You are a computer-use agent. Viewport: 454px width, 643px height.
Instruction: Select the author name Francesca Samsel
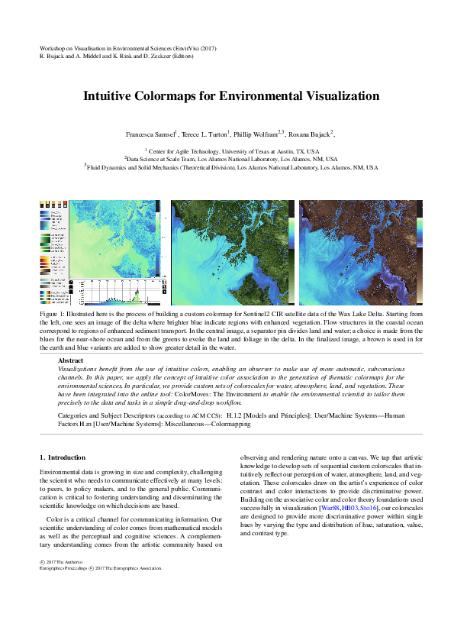(x=151, y=134)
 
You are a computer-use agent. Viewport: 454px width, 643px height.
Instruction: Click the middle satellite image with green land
(x=229, y=252)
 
